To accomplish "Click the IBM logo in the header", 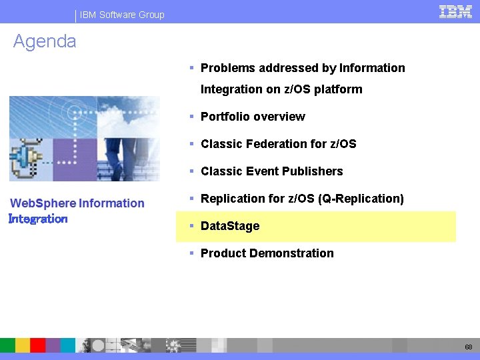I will pyautogui.click(x=456, y=11).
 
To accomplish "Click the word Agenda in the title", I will pyautogui.click(x=45, y=41).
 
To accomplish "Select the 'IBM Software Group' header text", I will pyautogui.click(x=122, y=15).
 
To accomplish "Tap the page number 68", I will pyautogui.click(x=469, y=347).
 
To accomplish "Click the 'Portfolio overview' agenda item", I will pyautogui.click(x=253, y=117).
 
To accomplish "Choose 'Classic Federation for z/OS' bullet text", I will pyautogui.click(x=278, y=144).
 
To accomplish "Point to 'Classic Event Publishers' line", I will pyautogui.click(x=271, y=171).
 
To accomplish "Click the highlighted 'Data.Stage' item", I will pyautogui.click(x=230, y=226).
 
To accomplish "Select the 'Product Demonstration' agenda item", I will pyautogui.click(x=267, y=253).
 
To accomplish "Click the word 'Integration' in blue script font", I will pyautogui.click(x=38, y=219).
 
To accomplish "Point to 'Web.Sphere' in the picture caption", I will pyautogui.click(x=43, y=203).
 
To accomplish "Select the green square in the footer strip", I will pyautogui.click(x=7, y=345).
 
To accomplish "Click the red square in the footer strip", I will pyautogui.click(x=37, y=345).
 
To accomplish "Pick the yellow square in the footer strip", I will pyautogui.click(x=23, y=345).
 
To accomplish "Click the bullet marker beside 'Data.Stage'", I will pyautogui.click(x=191, y=226).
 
